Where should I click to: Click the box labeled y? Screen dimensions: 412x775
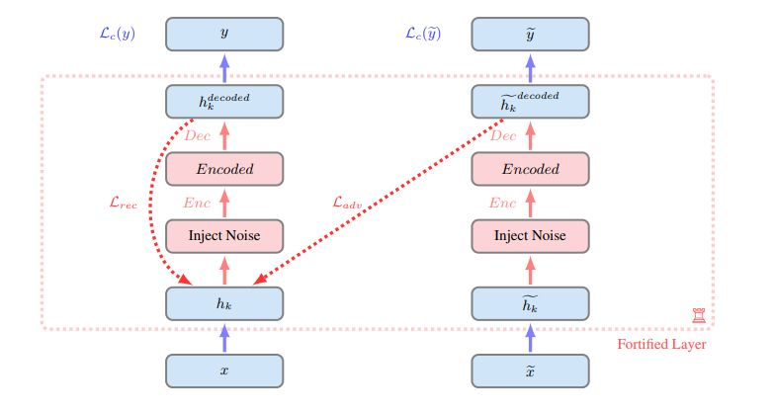[224, 34]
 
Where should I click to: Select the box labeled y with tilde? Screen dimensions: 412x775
[530, 34]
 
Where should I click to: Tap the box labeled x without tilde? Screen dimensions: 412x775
[224, 370]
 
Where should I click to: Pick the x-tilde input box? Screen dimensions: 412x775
[530, 370]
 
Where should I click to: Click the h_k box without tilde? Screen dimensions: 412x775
[224, 303]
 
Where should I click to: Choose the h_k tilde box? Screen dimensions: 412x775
[530, 303]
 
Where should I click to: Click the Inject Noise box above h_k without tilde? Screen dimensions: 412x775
[224, 236]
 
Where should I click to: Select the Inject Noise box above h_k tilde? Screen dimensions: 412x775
[530, 236]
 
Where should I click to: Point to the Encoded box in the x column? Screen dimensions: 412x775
[224, 169]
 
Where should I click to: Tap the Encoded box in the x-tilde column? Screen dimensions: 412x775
[530, 169]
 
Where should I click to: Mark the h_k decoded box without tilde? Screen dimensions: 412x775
[224, 102]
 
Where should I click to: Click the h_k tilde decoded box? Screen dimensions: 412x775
[530, 102]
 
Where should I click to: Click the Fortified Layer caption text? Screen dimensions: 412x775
[659, 345]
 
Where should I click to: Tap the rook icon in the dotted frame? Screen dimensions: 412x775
[699, 314]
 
